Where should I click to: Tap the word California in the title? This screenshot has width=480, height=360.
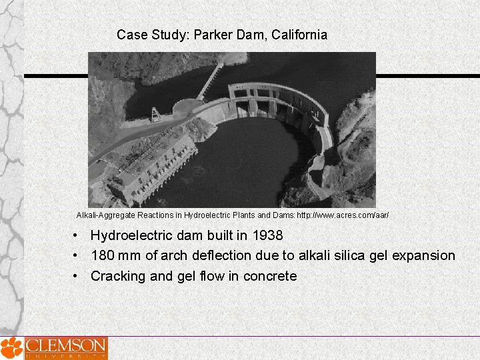pos(296,35)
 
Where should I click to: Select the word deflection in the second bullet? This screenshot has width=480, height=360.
pos(221,255)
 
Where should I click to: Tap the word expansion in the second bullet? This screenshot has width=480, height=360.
pos(425,255)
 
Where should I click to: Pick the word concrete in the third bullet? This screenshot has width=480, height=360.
pos(269,276)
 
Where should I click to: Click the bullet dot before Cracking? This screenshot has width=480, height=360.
pos(78,276)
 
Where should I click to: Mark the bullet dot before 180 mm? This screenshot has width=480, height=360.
pos(78,255)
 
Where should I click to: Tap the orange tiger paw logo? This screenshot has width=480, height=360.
pos(10,348)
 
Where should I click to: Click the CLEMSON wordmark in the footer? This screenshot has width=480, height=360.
pos(65,346)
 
